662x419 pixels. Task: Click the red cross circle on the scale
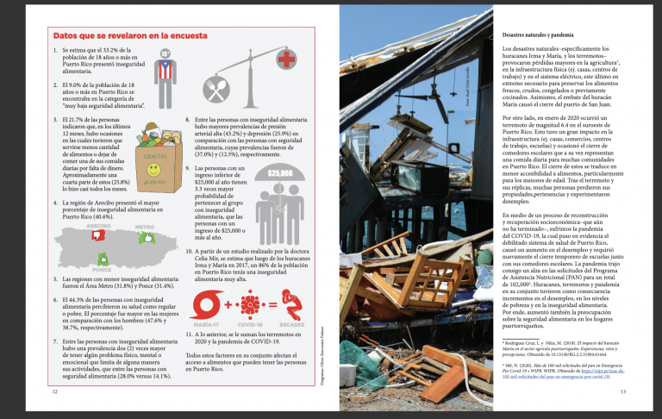[x=285, y=59]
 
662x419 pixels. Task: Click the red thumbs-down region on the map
[x=97, y=235]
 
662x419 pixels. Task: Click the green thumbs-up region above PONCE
[x=104, y=257]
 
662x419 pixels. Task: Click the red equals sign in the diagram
[x=271, y=304]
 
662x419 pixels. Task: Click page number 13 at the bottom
[x=623, y=393]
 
